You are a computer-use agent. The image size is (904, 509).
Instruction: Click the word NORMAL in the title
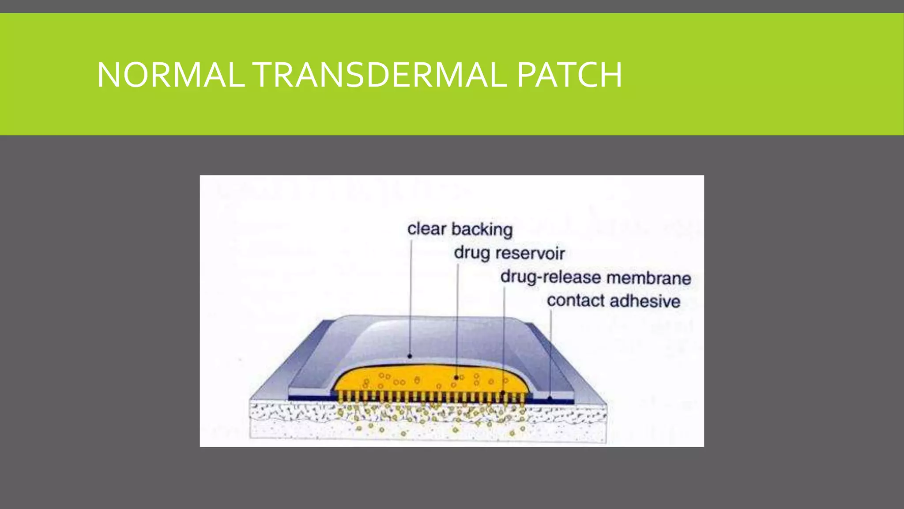pyautogui.click(x=171, y=75)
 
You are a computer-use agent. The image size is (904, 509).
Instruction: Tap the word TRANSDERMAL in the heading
pyautogui.click(x=381, y=75)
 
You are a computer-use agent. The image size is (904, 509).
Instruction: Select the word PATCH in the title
pyautogui.click(x=569, y=75)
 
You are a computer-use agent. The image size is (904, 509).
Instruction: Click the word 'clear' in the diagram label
pyautogui.click(x=427, y=229)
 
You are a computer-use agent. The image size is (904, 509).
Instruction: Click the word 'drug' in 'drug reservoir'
pyautogui.click(x=472, y=253)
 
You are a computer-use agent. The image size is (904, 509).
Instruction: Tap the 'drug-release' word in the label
pyautogui.click(x=550, y=277)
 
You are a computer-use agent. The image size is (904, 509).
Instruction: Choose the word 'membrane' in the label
pyautogui.click(x=648, y=278)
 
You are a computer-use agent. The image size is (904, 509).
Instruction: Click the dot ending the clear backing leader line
pyautogui.click(x=410, y=356)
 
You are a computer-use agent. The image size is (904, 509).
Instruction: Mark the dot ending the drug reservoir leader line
pyautogui.click(x=456, y=378)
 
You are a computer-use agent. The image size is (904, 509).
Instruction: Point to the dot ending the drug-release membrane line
pyautogui.click(x=503, y=392)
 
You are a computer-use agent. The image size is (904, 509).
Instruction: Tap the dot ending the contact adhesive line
pyautogui.click(x=550, y=398)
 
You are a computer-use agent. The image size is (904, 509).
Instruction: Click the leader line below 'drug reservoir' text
pyautogui.click(x=457, y=318)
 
